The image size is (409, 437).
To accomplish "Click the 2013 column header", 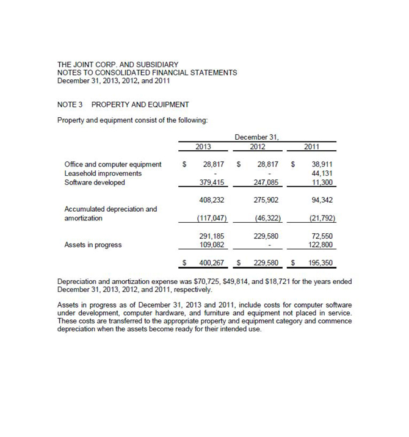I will click(203, 146).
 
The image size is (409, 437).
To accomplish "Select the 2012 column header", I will click(258, 146).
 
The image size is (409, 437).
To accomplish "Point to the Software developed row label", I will click(95, 182).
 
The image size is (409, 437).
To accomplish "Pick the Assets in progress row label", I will click(93, 245).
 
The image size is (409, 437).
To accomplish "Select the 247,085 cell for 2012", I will click(266, 182).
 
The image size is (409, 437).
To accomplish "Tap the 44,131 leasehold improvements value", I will click(322, 173).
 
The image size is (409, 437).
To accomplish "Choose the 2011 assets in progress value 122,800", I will click(321, 245).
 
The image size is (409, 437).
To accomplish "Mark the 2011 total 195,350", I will click(320, 263).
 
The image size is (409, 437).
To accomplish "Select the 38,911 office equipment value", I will click(322, 164).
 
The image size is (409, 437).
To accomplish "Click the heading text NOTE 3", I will click(70, 104).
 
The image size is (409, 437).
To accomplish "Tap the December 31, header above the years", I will click(257, 137).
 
